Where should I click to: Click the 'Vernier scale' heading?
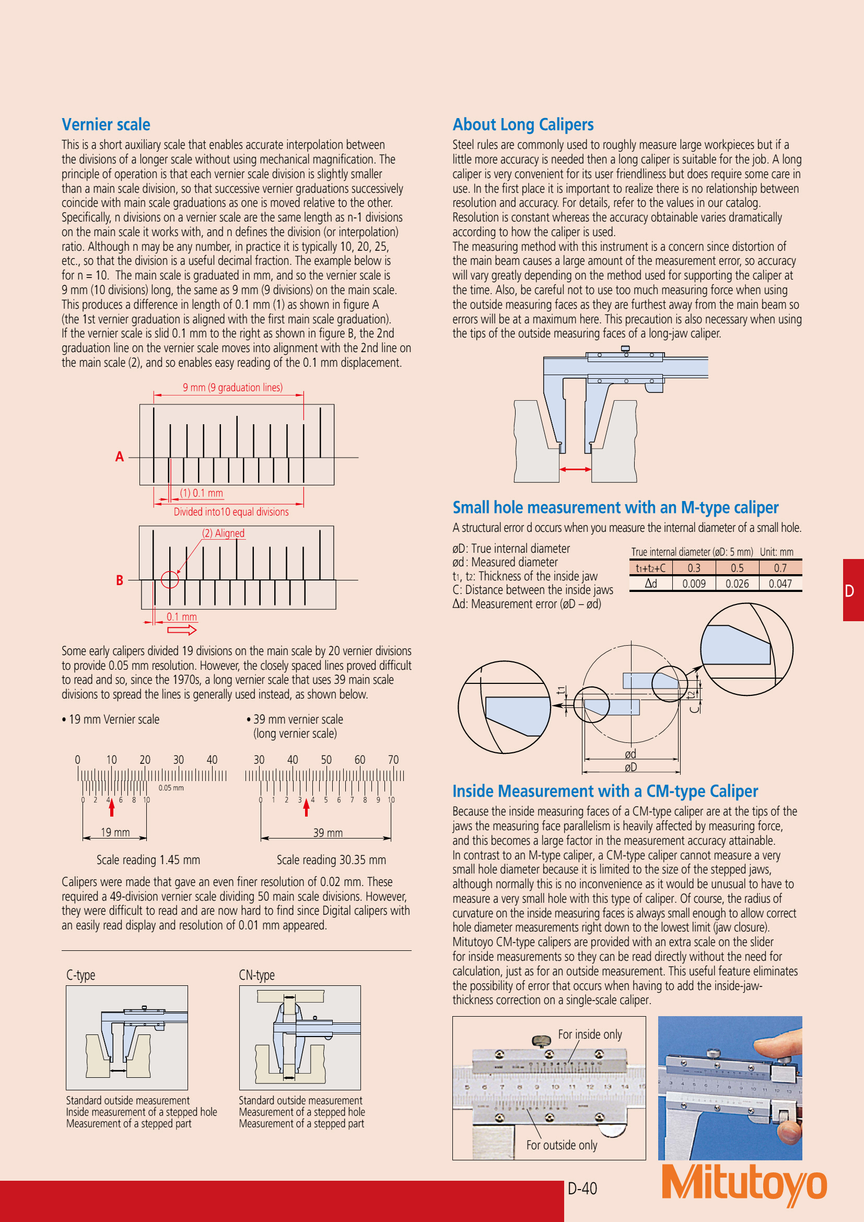[106, 124]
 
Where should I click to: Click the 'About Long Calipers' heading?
[523, 124]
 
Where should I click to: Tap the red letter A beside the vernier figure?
[120, 457]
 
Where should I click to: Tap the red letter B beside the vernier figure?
[120, 580]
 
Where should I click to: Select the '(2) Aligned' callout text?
[223, 533]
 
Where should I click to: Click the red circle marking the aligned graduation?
[170, 579]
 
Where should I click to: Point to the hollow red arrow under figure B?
[182, 630]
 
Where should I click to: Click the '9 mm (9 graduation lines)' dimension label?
[232, 388]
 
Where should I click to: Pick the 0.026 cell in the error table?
[737, 584]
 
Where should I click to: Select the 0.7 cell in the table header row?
[780, 568]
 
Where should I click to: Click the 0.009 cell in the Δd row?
[694, 584]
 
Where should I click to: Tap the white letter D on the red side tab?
[850, 591]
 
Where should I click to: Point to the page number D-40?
[582, 1189]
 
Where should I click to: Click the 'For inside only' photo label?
[589, 1034]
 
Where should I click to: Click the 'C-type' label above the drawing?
[81, 975]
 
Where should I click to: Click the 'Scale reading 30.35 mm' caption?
[331, 859]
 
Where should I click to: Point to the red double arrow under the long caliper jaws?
[575, 469]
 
